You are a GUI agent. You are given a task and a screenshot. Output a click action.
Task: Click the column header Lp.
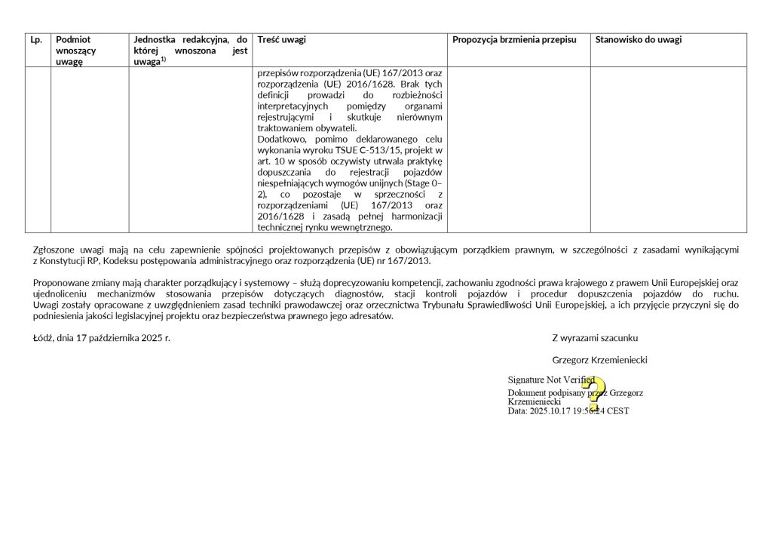pyautogui.click(x=35, y=40)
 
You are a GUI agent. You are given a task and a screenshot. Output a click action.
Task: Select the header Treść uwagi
pyautogui.click(x=281, y=40)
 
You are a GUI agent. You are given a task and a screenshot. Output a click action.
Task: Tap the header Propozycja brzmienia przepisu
pyautogui.click(x=514, y=40)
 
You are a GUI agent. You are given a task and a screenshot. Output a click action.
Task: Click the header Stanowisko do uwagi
pyautogui.click(x=638, y=40)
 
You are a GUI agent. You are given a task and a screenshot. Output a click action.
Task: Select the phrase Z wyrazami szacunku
pyautogui.click(x=594, y=338)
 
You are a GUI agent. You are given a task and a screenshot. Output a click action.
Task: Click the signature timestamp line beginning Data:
pyautogui.click(x=568, y=411)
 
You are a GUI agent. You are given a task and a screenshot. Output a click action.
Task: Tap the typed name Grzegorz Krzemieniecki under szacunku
pyautogui.click(x=599, y=361)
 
